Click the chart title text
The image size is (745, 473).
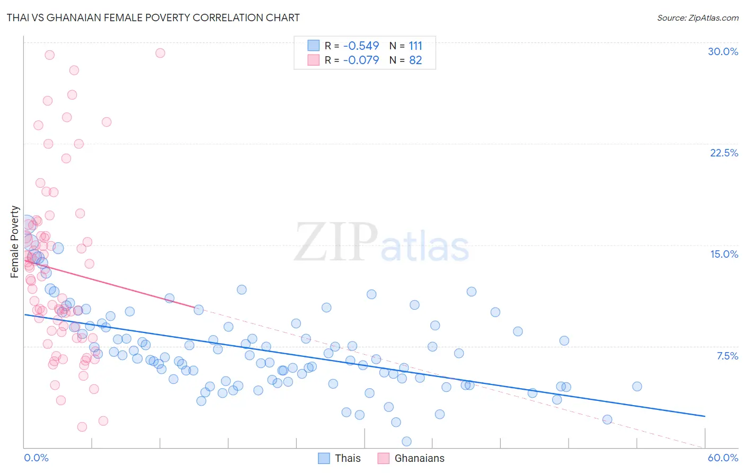[x=153, y=17]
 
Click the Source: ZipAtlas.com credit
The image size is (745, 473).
[x=697, y=17]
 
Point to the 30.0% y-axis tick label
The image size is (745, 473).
[x=723, y=51]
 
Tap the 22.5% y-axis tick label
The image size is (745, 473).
[x=724, y=153]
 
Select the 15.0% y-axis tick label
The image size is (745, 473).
[x=724, y=254]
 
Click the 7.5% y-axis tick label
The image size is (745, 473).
[x=727, y=356]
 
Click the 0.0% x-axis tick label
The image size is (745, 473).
[x=36, y=458]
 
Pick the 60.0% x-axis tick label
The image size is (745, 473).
[x=723, y=458]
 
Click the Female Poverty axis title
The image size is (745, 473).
[x=15, y=242]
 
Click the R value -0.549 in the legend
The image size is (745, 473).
[x=361, y=46]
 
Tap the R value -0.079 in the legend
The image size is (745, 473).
[x=361, y=60]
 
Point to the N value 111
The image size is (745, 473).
[x=415, y=46]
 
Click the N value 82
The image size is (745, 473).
[x=415, y=60]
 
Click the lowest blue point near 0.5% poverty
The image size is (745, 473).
[x=406, y=441]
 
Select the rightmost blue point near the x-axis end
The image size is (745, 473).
[x=637, y=387]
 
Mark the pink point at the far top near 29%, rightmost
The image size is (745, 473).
[x=160, y=53]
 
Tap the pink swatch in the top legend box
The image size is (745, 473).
[x=314, y=60]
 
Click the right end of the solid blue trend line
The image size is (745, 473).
[x=705, y=416]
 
